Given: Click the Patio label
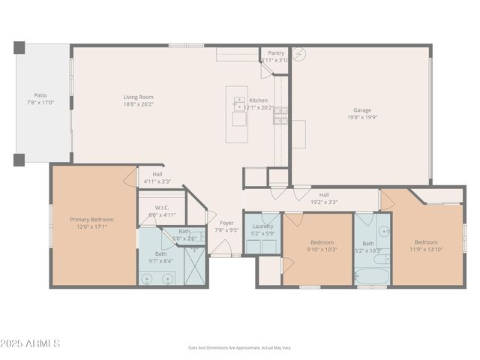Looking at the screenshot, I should pos(40,95).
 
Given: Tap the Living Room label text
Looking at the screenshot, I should pos(139,97).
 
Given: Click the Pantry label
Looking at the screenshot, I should pos(276,53).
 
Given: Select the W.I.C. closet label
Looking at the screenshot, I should pos(161,208).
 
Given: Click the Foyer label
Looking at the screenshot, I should pos(226,223).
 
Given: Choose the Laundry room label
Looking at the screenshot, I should pos(262,226).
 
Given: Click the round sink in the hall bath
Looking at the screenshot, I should pos(384,232).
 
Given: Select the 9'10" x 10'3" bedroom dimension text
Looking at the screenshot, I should pos(322,250).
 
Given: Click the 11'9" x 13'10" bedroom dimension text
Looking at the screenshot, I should pos(426,250).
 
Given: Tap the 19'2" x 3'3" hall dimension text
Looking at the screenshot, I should pos(323,202).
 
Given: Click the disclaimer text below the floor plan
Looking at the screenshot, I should pos(239,348).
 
